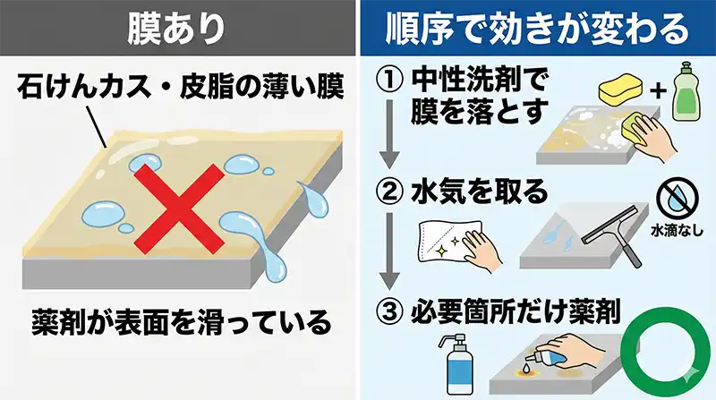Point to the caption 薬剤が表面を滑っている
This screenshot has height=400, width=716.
click(178, 319)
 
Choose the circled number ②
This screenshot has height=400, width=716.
click(387, 193)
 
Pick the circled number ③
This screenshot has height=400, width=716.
click(387, 314)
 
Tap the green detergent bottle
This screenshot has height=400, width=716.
click(685, 95)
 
